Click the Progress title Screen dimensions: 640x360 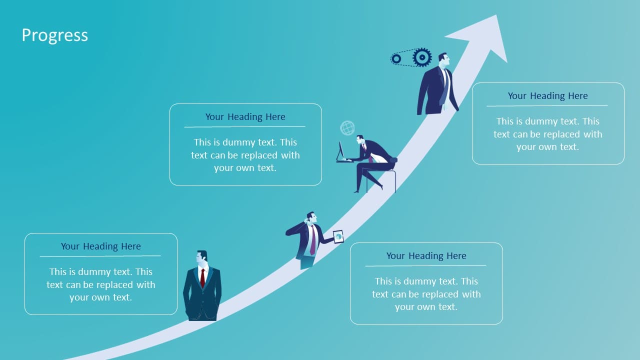[55, 35]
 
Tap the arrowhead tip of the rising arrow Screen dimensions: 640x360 [496, 15]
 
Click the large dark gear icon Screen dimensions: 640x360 [422, 57]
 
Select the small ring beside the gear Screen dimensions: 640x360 [396, 59]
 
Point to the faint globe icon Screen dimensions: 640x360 [347, 127]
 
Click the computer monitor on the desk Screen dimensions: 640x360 [340, 151]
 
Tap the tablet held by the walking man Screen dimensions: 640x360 [338, 236]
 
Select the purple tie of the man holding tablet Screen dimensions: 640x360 [313, 240]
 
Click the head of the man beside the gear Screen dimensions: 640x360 [444, 59]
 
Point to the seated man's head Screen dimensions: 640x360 [360, 140]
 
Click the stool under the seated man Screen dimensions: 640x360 [382, 181]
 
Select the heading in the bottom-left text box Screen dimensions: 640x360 [101, 246]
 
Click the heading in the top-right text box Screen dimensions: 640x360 [547, 95]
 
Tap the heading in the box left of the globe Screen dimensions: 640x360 [245, 117]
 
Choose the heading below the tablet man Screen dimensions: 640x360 [426, 255]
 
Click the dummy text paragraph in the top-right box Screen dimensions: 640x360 [547, 134]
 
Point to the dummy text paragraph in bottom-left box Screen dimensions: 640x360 [101, 284]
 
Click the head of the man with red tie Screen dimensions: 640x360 [201, 259]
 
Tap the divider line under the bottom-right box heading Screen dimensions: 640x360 [425, 265]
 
